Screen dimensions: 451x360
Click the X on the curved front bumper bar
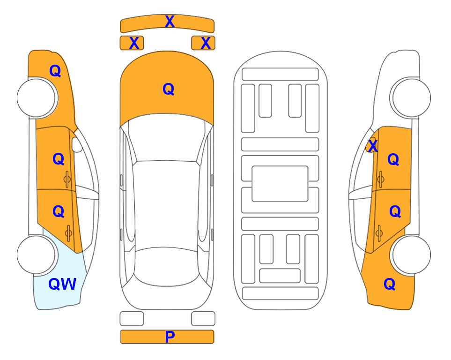pos(170,22)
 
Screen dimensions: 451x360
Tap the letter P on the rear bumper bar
pos(170,337)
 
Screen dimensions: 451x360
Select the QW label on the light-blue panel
pos(62,284)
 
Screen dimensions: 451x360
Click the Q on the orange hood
pos(169,89)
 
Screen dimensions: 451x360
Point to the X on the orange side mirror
pos(373,145)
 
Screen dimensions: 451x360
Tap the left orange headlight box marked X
pos(132,43)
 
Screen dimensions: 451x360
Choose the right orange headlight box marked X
pos(203,43)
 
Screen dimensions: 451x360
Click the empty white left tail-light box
pos(132,319)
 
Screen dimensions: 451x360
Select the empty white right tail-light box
pos(203,319)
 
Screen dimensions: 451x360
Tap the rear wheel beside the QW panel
pos(36,255)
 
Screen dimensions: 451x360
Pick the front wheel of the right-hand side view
pos(411,98)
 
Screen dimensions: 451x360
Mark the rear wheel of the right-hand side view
pos(411,255)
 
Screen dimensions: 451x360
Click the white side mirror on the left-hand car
pos(77,144)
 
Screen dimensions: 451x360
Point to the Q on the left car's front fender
pos(55,71)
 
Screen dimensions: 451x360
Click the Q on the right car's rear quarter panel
pos(390,284)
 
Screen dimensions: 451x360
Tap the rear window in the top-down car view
pos(167,266)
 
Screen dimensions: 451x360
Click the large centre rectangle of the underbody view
pos(280,184)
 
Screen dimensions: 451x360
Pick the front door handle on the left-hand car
pos(67,179)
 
